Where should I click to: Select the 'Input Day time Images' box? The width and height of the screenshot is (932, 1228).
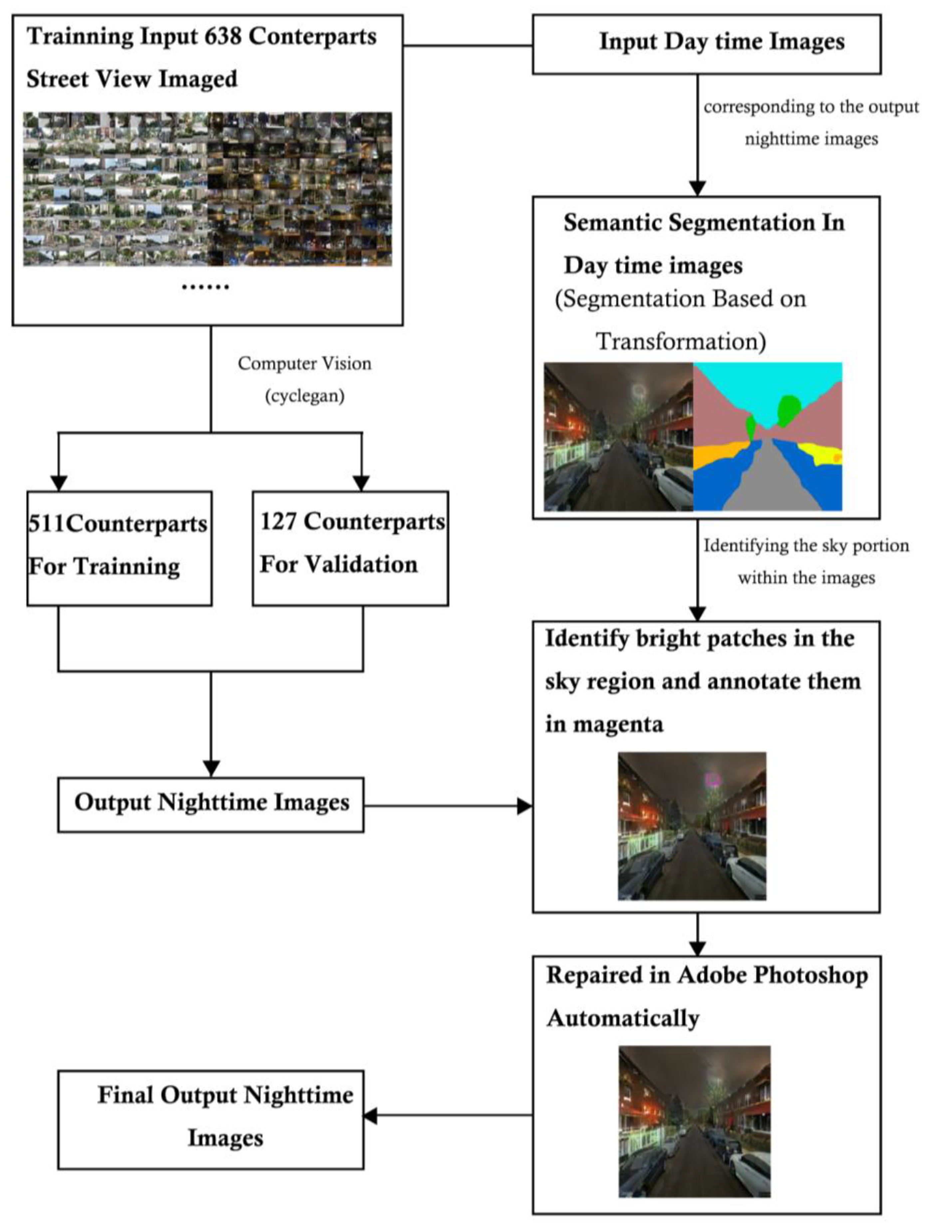click(x=706, y=44)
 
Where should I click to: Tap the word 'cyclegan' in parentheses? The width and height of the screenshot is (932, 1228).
click(x=304, y=396)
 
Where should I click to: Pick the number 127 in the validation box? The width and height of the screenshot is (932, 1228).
click(x=278, y=521)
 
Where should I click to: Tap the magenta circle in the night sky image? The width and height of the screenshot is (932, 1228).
click(x=713, y=779)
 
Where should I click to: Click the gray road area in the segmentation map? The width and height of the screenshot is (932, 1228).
click(x=766, y=477)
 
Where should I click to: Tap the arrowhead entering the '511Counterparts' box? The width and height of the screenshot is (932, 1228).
click(x=59, y=483)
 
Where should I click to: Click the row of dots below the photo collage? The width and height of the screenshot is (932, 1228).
click(x=205, y=287)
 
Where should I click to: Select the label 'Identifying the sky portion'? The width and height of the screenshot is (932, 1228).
click(x=806, y=546)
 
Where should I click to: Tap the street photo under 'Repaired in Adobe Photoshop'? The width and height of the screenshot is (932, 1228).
click(x=694, y=1121)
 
